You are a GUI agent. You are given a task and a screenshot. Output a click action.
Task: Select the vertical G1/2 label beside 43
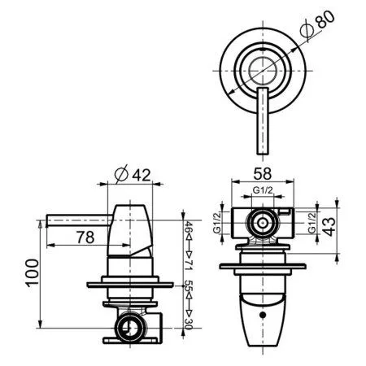coord(312,222)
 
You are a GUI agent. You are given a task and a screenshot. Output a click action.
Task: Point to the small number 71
coord(187,265)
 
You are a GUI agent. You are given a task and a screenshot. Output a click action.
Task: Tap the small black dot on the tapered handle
coord(262,314)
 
